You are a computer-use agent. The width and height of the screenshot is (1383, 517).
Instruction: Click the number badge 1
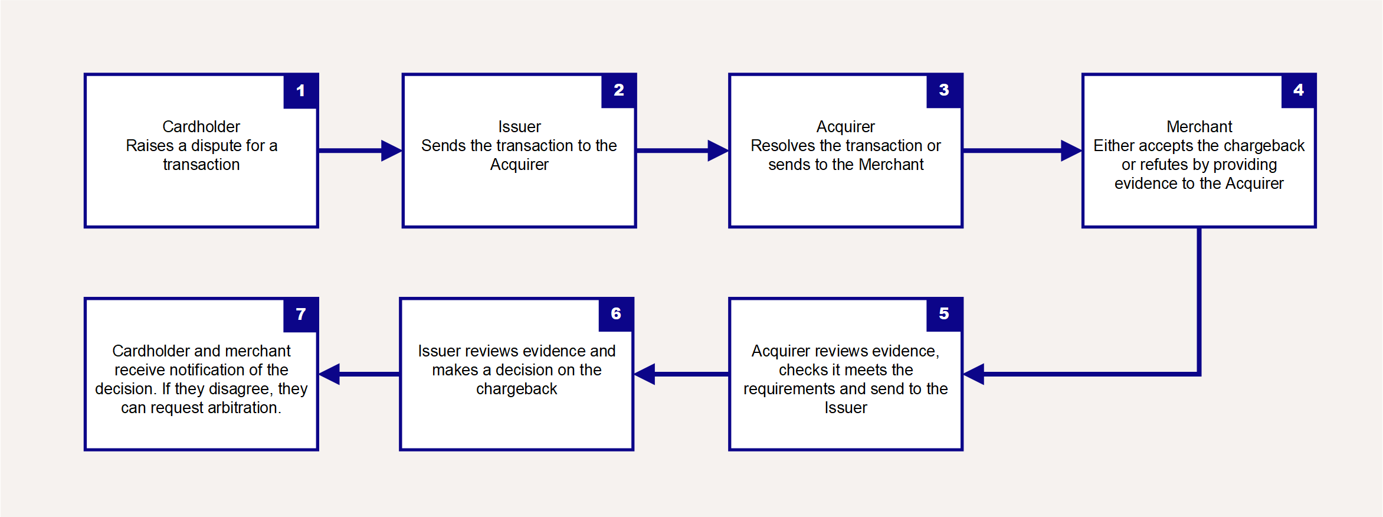coord(301,91)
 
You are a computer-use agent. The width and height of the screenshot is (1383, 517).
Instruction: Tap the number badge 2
coord(619,90)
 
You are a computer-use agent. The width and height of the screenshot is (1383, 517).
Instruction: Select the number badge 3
coord(945,90)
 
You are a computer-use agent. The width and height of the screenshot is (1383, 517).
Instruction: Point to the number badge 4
coord(1299,90)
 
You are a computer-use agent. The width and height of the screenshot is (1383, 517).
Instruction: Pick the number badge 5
coord(945,314)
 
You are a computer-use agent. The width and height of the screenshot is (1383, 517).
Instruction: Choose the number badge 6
coord(616,314)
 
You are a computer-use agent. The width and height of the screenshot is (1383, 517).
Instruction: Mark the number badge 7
coord(301,314)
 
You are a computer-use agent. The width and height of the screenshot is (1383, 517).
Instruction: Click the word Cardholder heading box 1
coord(201,127)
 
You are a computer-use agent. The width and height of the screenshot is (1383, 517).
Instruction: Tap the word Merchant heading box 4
coord(1200,127)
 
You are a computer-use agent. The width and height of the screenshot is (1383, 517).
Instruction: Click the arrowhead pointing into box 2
coord(392,150)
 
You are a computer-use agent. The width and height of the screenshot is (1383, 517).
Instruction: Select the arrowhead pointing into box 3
coord(719,150)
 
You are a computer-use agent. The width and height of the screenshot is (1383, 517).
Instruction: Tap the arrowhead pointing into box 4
coord(1071,150)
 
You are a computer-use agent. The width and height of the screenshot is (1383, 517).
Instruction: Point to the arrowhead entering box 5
coord(974,374)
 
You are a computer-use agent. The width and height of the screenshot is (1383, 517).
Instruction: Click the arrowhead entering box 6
coord(644,374)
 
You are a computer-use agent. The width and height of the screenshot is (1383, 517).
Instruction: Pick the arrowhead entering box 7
coord(329,374)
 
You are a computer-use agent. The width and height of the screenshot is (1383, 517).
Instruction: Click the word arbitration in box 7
coord(243,408)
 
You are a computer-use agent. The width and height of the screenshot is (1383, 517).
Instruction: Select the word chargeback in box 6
coord(517,390)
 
